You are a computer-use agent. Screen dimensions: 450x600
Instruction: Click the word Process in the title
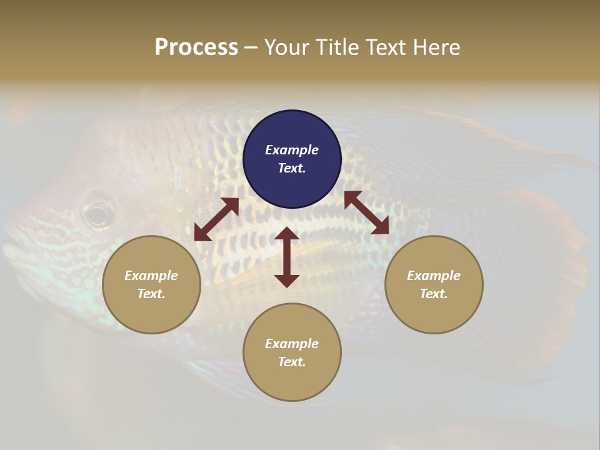click(x=196, y=47)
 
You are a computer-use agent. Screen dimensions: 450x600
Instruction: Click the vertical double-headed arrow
click(x=287, y=257)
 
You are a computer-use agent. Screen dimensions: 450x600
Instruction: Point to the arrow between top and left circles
click(x=216, y=219)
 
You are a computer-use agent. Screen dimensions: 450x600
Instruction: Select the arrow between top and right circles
click(x=366, y=213)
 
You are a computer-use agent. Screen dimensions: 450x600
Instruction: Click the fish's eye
click(x=98, y=215)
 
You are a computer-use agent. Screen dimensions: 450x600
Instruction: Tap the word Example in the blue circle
click(x=292, y=150)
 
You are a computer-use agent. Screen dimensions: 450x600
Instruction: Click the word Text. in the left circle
click(x=151, y=294)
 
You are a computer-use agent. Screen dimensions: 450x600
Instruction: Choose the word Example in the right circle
click(x=434, y=276)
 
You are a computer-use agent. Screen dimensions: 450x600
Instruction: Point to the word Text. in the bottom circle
click(x=292, y=362)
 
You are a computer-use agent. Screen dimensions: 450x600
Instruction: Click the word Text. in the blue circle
click(x=292, y=168)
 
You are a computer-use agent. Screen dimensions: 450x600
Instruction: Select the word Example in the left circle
click(x=151, y=276)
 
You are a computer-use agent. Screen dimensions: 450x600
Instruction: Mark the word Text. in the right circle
click(x=434, y=294)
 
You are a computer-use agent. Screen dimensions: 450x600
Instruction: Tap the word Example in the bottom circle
click(x=292, y=344)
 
